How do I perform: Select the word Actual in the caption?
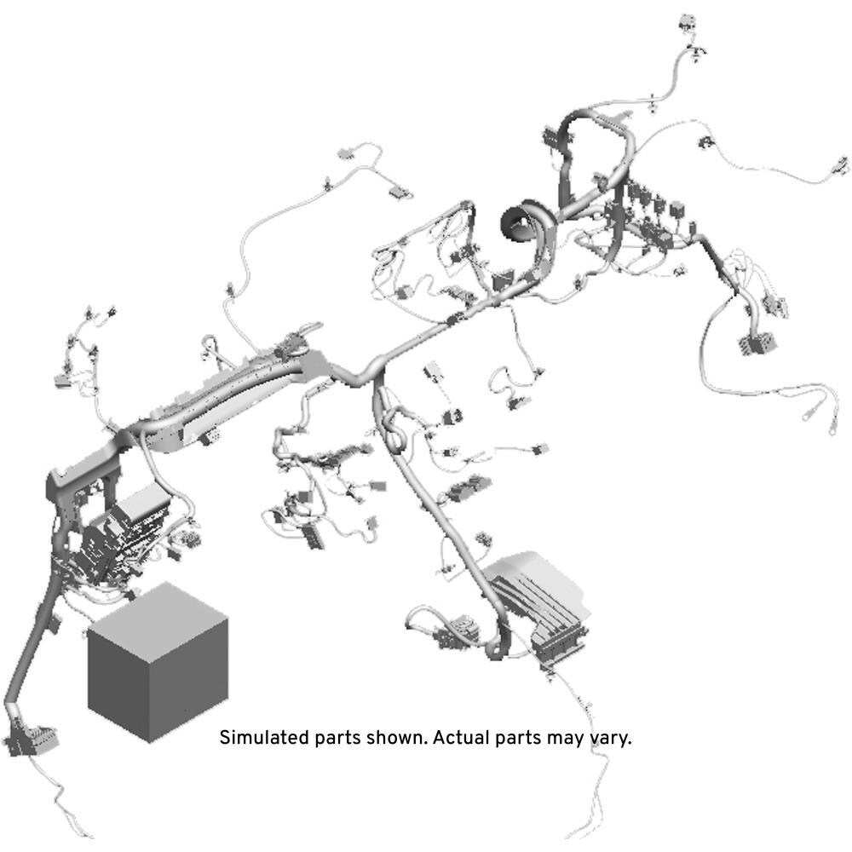pyautogui.click(x=460, y=738)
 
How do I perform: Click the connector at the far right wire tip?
pyautogui.click(x=840, y=165)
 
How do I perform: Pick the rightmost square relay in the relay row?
pyautogui.click(x=677, y=210)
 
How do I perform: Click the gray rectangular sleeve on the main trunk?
pyautogui.click(x=314, y=362)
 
